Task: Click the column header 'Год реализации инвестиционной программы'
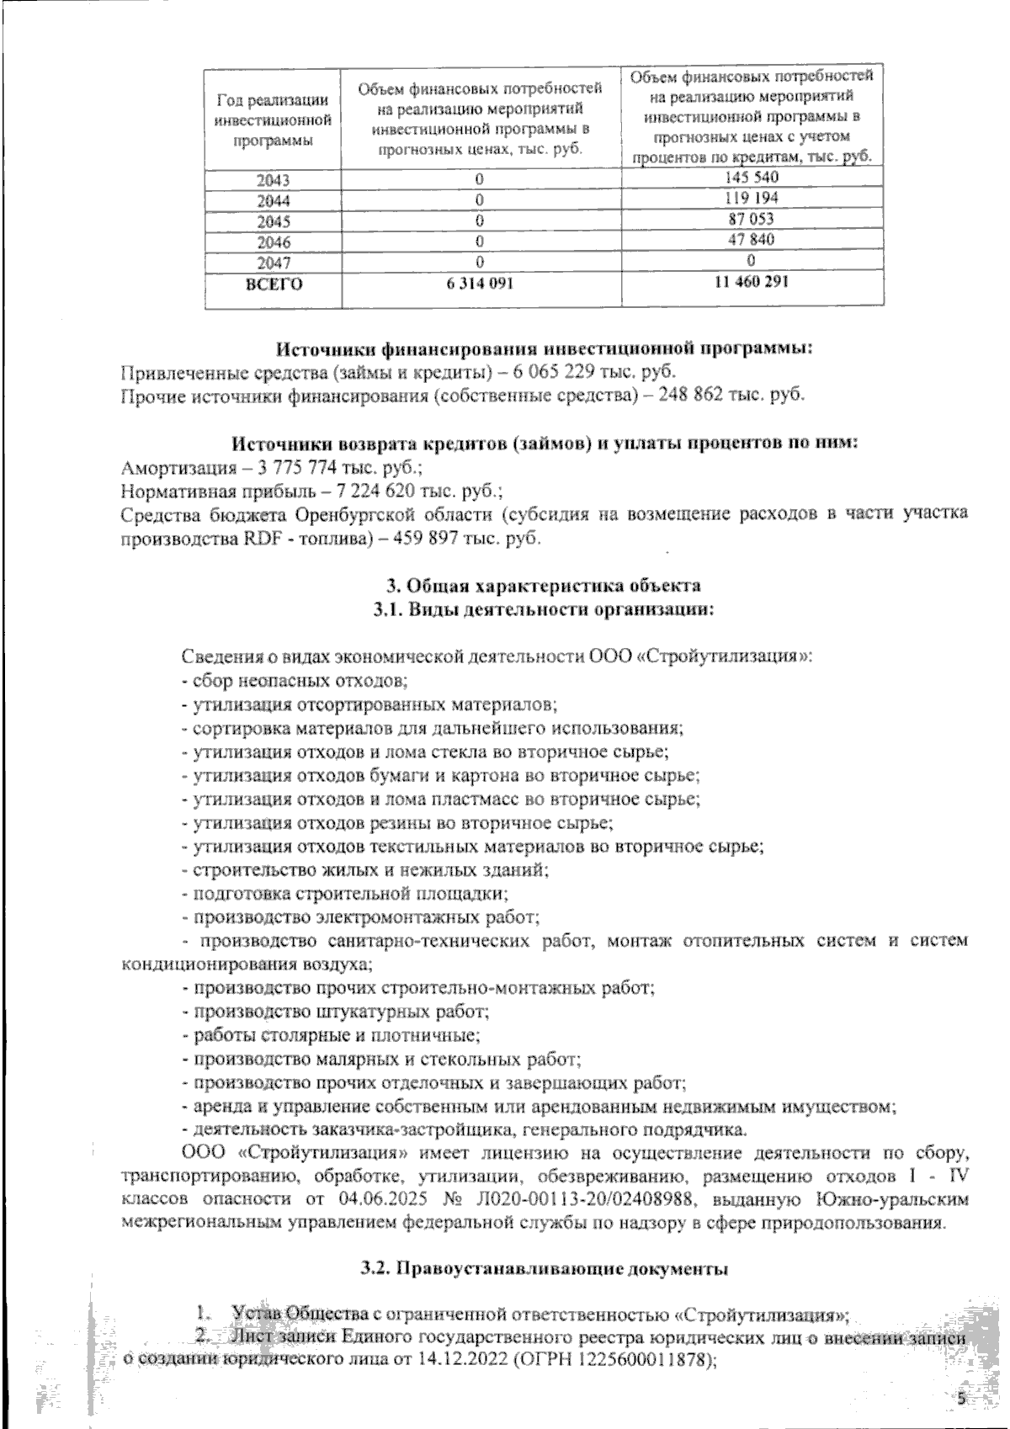tap(271, 120)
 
